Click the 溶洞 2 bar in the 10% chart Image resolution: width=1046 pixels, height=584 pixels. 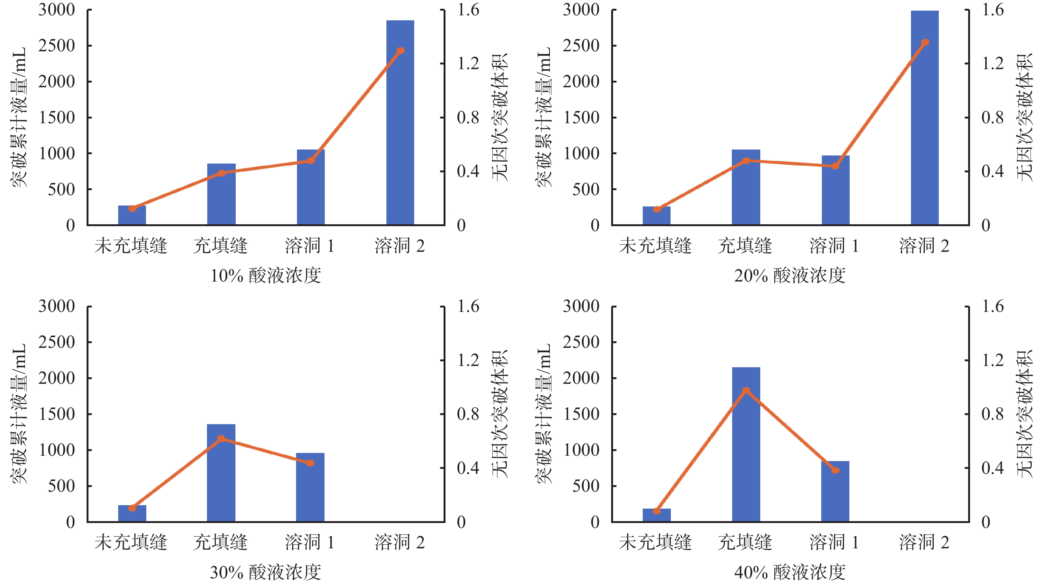click(400, 122)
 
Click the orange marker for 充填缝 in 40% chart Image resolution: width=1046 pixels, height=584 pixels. click(746, 391)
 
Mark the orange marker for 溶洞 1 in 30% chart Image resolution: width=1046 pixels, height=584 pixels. click(310, 463)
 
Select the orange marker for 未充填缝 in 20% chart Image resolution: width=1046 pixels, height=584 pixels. click(656, 209)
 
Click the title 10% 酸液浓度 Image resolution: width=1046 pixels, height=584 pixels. click(265, 276)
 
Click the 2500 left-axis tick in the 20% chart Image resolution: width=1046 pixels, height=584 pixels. click(581, 46)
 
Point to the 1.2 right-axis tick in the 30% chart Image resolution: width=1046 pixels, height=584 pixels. click(468, 360)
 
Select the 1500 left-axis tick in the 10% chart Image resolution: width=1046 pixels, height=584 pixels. click(57, 117)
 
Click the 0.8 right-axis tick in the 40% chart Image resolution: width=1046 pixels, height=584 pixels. click(993, 414)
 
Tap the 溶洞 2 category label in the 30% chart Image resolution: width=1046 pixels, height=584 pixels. click(400, 542)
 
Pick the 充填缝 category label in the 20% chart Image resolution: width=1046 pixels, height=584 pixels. click(745, 246)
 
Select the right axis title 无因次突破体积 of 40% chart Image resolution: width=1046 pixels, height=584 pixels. click(1024, 414)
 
